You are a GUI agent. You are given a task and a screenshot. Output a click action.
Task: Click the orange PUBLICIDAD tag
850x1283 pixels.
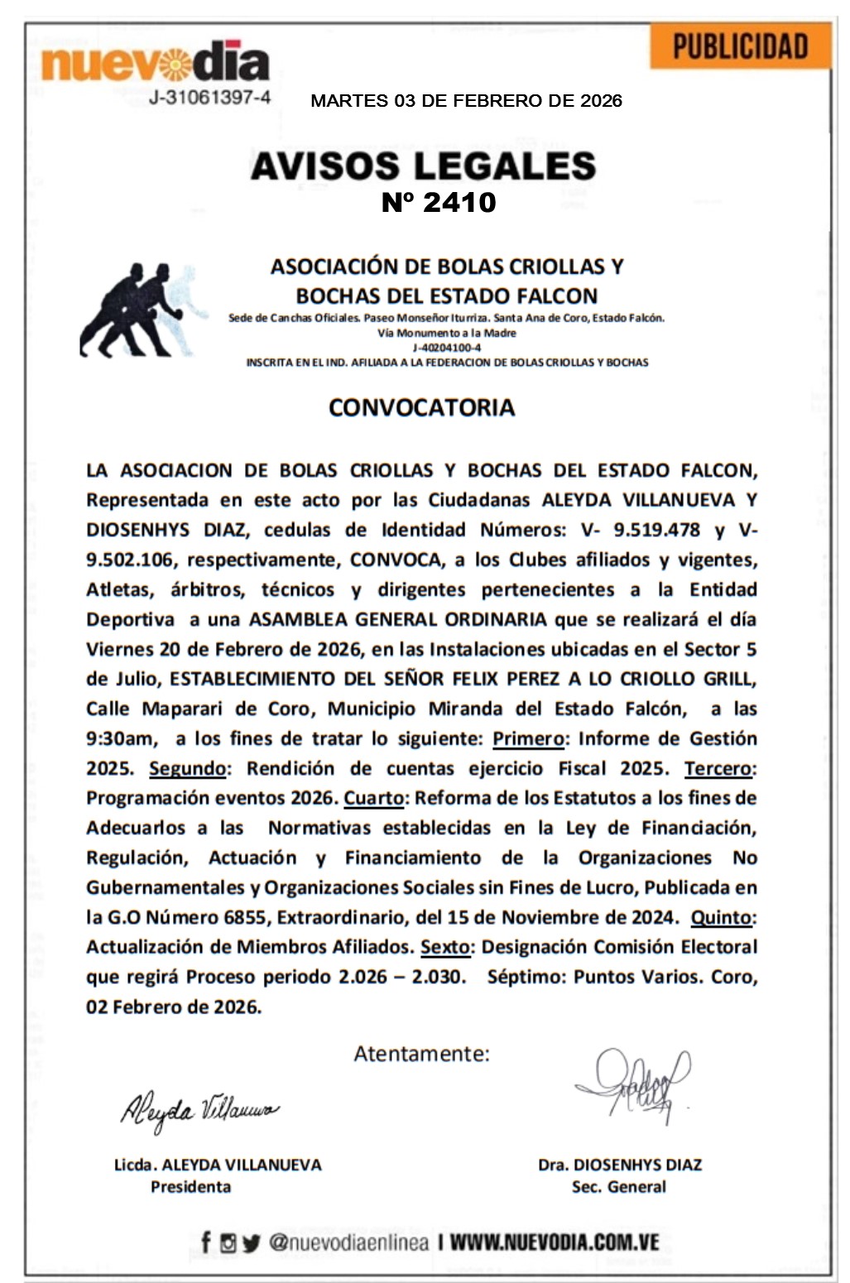tap(739, 46)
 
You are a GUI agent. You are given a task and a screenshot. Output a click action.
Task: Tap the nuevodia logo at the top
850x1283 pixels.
tap(155, 63)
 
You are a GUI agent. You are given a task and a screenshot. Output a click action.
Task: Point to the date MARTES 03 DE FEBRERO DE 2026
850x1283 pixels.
tap(466, 101)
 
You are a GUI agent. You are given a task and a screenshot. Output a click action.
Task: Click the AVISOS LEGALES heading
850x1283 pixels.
tap(423, 166)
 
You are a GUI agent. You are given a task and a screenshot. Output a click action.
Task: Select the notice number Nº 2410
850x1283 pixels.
tap(438, 202)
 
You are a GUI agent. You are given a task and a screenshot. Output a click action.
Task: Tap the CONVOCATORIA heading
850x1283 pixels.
tap(421, 407)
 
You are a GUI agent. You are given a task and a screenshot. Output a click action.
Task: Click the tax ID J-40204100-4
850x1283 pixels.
tap(447, 348)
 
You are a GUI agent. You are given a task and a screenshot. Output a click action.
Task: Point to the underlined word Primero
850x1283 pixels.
tap(528, 738)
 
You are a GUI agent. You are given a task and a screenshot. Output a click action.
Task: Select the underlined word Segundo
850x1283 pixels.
tap(187, 768)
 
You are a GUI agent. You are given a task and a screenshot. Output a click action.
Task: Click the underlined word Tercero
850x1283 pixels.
tap(718, 768)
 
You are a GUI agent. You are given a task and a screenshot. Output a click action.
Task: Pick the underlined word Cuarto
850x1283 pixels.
tap(374, 798)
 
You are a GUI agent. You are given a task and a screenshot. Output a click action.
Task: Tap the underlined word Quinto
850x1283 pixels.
tap(722, 917)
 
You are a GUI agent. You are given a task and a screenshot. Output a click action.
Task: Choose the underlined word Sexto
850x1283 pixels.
tap(445, 947)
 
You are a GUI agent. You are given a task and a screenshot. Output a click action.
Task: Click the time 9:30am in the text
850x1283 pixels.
tap(122, 738)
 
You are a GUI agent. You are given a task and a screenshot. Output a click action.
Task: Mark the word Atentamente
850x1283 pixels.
tap(421, 1054)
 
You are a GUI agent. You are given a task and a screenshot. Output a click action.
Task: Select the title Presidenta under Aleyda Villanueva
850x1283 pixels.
tap(190, 1187)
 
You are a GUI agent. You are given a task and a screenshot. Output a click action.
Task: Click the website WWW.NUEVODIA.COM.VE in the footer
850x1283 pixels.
tap(555, 1242)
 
